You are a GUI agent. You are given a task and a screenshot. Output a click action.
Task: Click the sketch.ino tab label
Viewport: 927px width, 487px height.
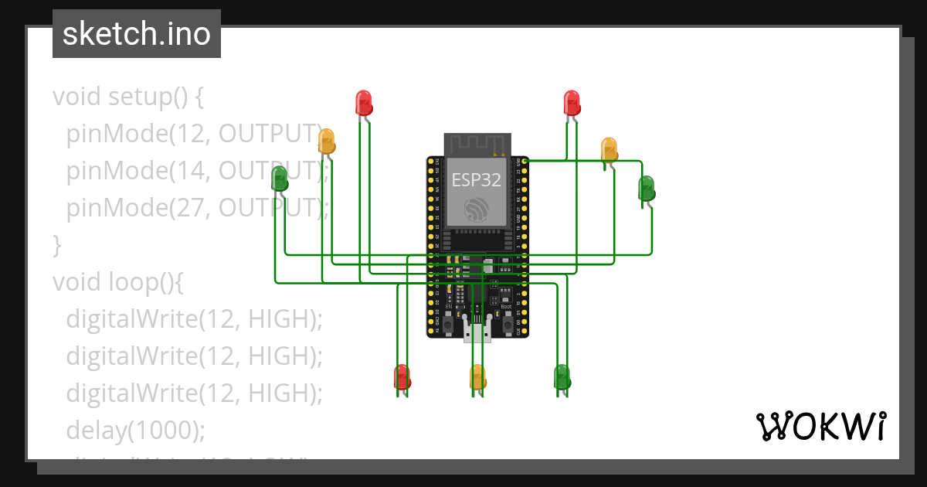[x=137, y=34]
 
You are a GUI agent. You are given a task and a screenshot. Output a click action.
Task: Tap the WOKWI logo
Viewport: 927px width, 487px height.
[x=820, y=427]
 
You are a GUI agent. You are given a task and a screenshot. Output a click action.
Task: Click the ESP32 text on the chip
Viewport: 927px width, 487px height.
[x=477, y=180]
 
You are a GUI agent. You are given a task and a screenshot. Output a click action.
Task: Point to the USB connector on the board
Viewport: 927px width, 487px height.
[x=477, y=330]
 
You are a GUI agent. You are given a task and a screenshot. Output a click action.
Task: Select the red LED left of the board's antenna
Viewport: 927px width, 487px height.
[x=363, y=102]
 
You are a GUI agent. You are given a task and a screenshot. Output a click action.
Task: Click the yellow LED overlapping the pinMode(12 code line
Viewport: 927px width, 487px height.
[x=327, y=141]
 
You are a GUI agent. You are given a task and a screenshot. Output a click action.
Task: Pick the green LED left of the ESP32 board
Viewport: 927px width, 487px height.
[x=280, y=179]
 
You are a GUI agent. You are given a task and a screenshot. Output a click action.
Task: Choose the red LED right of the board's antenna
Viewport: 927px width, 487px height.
[x=572, y=102]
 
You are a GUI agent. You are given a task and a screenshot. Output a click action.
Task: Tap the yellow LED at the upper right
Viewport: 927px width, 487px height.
[x=609, y=149]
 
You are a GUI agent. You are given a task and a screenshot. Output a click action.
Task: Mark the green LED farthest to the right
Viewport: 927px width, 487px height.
[x=646, y=188]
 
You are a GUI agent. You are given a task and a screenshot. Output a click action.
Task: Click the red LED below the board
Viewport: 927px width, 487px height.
[x=402, y=377]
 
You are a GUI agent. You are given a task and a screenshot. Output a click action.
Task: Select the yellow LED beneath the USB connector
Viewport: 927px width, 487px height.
[x=477, y=377]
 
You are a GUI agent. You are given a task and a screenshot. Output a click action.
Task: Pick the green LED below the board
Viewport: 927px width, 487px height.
[x=562, y=377]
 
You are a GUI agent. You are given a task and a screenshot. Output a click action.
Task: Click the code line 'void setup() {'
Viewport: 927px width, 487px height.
[x=127, y=97]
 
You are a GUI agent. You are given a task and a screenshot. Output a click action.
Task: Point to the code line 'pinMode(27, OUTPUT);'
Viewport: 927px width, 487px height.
[x=197, y=208]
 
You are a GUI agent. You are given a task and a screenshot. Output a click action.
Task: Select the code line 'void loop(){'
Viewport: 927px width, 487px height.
[x=117, y=282]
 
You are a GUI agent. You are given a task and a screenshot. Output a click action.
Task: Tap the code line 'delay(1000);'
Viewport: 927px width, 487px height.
[x=135, y=431]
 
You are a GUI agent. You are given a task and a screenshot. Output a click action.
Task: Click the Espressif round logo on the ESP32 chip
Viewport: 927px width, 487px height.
[x=477, y=209]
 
